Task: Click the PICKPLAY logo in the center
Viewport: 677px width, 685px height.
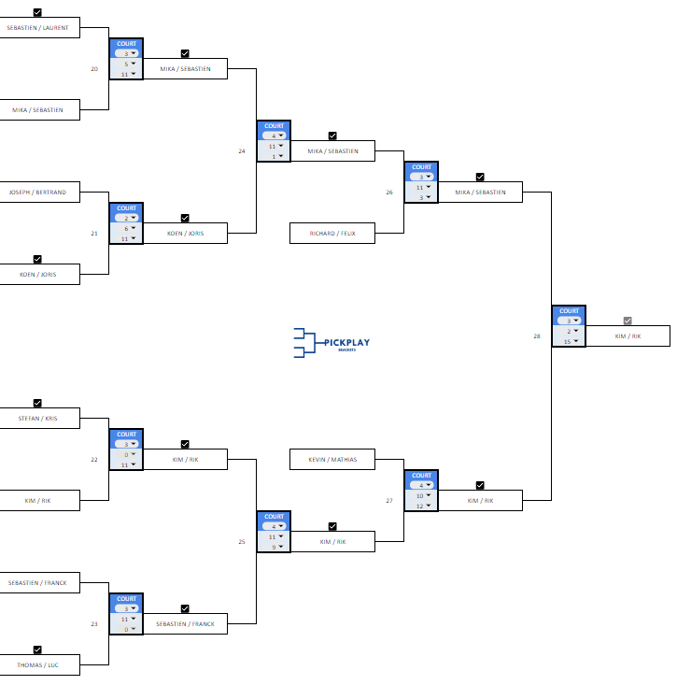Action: click(331, 342)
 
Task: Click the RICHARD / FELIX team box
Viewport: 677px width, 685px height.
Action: click(332, 233)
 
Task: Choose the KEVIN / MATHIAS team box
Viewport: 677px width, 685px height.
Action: click(332, 459)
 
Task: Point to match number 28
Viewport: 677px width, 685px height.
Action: click(537, 335)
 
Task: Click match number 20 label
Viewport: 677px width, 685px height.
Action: click(94, 68)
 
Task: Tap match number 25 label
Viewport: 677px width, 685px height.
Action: click(242, 541)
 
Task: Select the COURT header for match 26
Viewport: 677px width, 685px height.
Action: click(421, 167)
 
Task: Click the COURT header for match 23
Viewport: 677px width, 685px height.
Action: click(126, 599)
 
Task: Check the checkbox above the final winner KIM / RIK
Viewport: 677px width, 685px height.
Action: click(628, 321)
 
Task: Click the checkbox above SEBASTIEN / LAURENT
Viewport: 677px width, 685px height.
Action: click(37, 13)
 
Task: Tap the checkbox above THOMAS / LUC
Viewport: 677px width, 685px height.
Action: click(37, 649)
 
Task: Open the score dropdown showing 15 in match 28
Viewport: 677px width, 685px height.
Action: click(569, 341)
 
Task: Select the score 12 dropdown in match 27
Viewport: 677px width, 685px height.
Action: click(421, 506)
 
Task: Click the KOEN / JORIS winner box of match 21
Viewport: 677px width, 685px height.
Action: click(185, 233)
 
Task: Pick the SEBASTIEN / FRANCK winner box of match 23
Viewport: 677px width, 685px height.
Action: click(185, 623)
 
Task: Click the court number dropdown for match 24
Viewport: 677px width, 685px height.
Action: click(274, 136)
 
